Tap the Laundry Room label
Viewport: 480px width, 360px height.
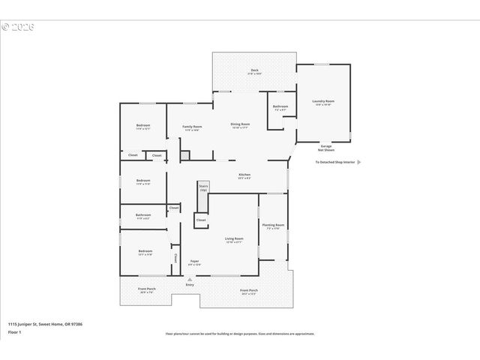323,101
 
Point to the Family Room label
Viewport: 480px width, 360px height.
192,127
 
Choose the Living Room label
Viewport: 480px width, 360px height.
234,238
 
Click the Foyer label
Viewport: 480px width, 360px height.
194,261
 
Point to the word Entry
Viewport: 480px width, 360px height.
190,284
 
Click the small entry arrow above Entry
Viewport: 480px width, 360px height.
189,279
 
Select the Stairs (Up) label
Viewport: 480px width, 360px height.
203,187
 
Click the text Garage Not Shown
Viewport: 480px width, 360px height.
325,148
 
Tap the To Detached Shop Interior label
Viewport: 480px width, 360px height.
334,162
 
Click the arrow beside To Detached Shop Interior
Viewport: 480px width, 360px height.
359,162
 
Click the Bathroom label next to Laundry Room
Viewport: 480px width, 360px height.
280,106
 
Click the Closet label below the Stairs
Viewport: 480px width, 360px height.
201,220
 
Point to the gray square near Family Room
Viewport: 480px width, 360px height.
184,155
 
